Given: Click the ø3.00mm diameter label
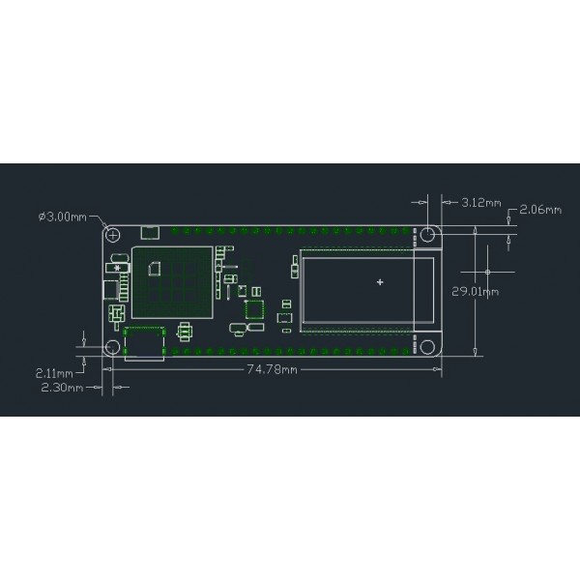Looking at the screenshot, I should pyautogui.click(x=63, y=217).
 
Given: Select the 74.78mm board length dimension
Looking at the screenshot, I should pyautogui.click(x=272, y=368).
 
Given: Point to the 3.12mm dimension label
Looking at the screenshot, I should pyautogui.click(x=481, y=203).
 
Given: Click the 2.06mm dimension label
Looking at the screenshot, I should pyautogui.click(x=540, y=210).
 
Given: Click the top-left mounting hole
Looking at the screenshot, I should pyautogui.click(x=113, y=235).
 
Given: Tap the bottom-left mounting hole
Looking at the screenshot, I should pyautogui.click(x=113, y=346).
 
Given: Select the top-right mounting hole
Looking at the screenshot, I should pyautogui.click(x=426, y=235).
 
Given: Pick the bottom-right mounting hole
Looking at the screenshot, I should pyautogui.click(x=426, y=346).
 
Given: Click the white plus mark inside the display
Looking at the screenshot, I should pyautogui.click(x=380, y=283).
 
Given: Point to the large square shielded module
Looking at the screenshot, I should pyautogui.click(x=171, y=281).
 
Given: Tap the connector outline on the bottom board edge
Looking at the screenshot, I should pyautogui.click(x=145, y=343).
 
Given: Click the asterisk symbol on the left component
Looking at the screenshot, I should pyautogui.click(x=117, y=268).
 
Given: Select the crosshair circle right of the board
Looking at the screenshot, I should pyautogui.click(x=488, y=259).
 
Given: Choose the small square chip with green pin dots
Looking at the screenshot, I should pyautogui.click(x=255, y=310).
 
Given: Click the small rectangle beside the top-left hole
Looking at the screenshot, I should pyautogui.click(x=150, y=232).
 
